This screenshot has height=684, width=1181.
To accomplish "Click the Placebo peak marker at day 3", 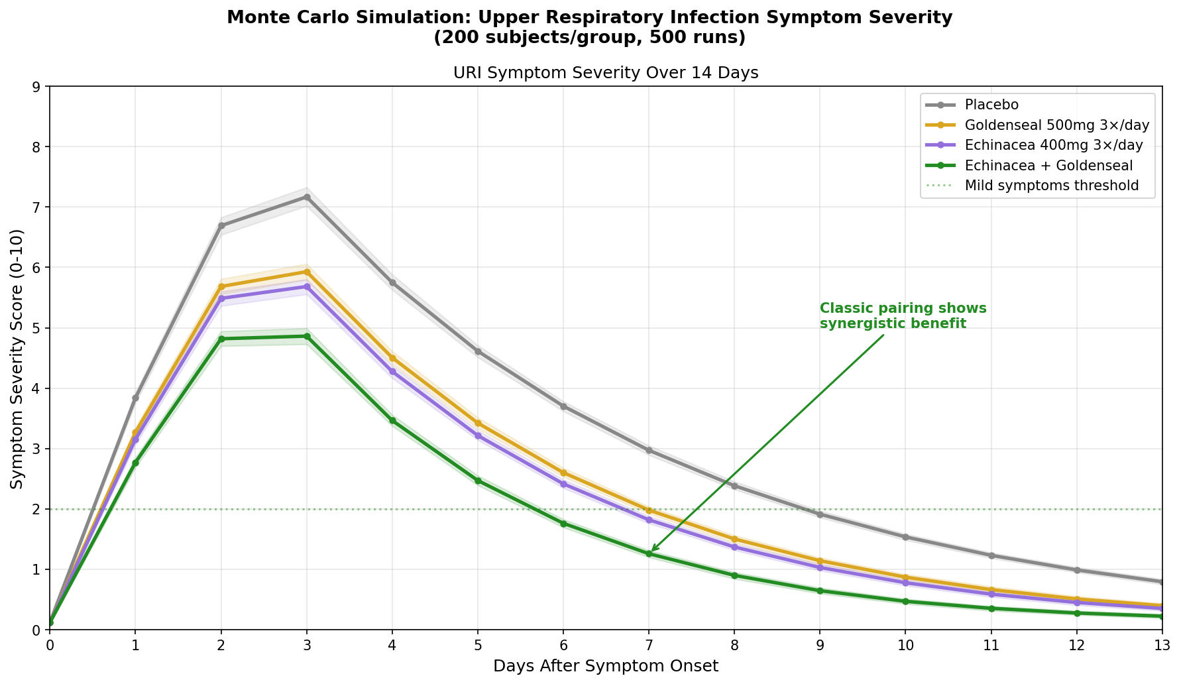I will [x=307, y=197].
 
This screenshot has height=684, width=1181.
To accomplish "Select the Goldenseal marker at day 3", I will [x=307, y=272].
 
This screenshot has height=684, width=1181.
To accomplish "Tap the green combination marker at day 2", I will [x=221, y=339].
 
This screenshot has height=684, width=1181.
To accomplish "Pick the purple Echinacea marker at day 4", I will [x=392, y=372].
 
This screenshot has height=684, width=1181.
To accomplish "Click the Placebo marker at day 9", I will [x=820, y=514].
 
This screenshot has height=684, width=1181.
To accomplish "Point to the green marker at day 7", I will [x=649, y=553].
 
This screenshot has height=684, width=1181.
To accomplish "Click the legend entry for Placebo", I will [x=991, y=105].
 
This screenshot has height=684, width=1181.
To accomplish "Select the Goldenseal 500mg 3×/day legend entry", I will [x=1056, y=125].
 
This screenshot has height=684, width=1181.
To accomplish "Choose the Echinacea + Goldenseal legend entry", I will [x=1048, y=165].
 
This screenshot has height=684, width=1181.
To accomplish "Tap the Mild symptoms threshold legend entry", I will [x=1051, y=186].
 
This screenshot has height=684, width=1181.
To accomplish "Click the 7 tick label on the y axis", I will [x=36, y=207].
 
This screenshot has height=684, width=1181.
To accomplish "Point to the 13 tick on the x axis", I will [x=1162, y=645].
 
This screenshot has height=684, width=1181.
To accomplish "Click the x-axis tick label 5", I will [x=478, y=645].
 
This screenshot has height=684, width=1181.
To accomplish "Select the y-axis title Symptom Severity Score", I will [x=17, y=359].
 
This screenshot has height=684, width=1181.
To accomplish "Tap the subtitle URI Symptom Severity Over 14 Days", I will [x=605, y=73].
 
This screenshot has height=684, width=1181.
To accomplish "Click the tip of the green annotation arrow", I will [x=651, y=551].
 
